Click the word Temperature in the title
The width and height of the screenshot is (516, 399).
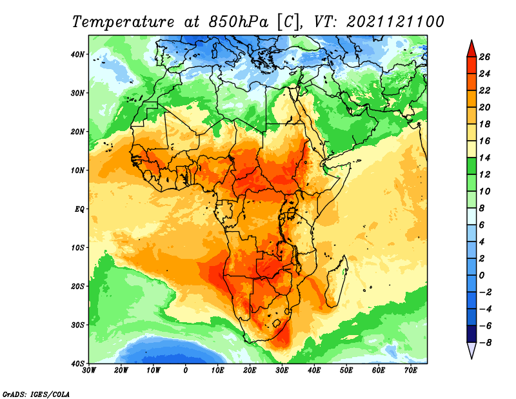point(123,22)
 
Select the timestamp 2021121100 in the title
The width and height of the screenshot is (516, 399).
point(395,22)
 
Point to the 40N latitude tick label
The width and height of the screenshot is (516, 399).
point(77,54)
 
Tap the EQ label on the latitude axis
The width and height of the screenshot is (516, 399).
point(79,209)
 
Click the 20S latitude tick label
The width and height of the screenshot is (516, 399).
point(77,286)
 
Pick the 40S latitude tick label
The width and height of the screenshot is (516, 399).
point(77,363)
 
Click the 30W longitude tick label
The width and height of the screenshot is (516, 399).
point(89,371)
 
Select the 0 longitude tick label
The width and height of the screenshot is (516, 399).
point(186,371)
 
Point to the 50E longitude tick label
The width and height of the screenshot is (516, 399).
point(346,371)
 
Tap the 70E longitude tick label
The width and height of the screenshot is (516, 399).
point(411,371)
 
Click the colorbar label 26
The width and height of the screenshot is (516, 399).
point(484,57)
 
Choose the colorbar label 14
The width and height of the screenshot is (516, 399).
point(484,158)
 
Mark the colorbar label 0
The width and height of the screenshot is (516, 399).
point(482,275)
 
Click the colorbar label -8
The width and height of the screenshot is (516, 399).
point(486,343)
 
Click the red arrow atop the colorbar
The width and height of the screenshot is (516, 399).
point(471,50)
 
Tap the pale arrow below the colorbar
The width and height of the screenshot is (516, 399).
point(471,349)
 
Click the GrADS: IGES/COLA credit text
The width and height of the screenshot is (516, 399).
point(36,394)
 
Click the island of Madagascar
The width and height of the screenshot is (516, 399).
point(336,280)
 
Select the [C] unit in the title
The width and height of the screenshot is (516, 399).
point(288,23)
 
